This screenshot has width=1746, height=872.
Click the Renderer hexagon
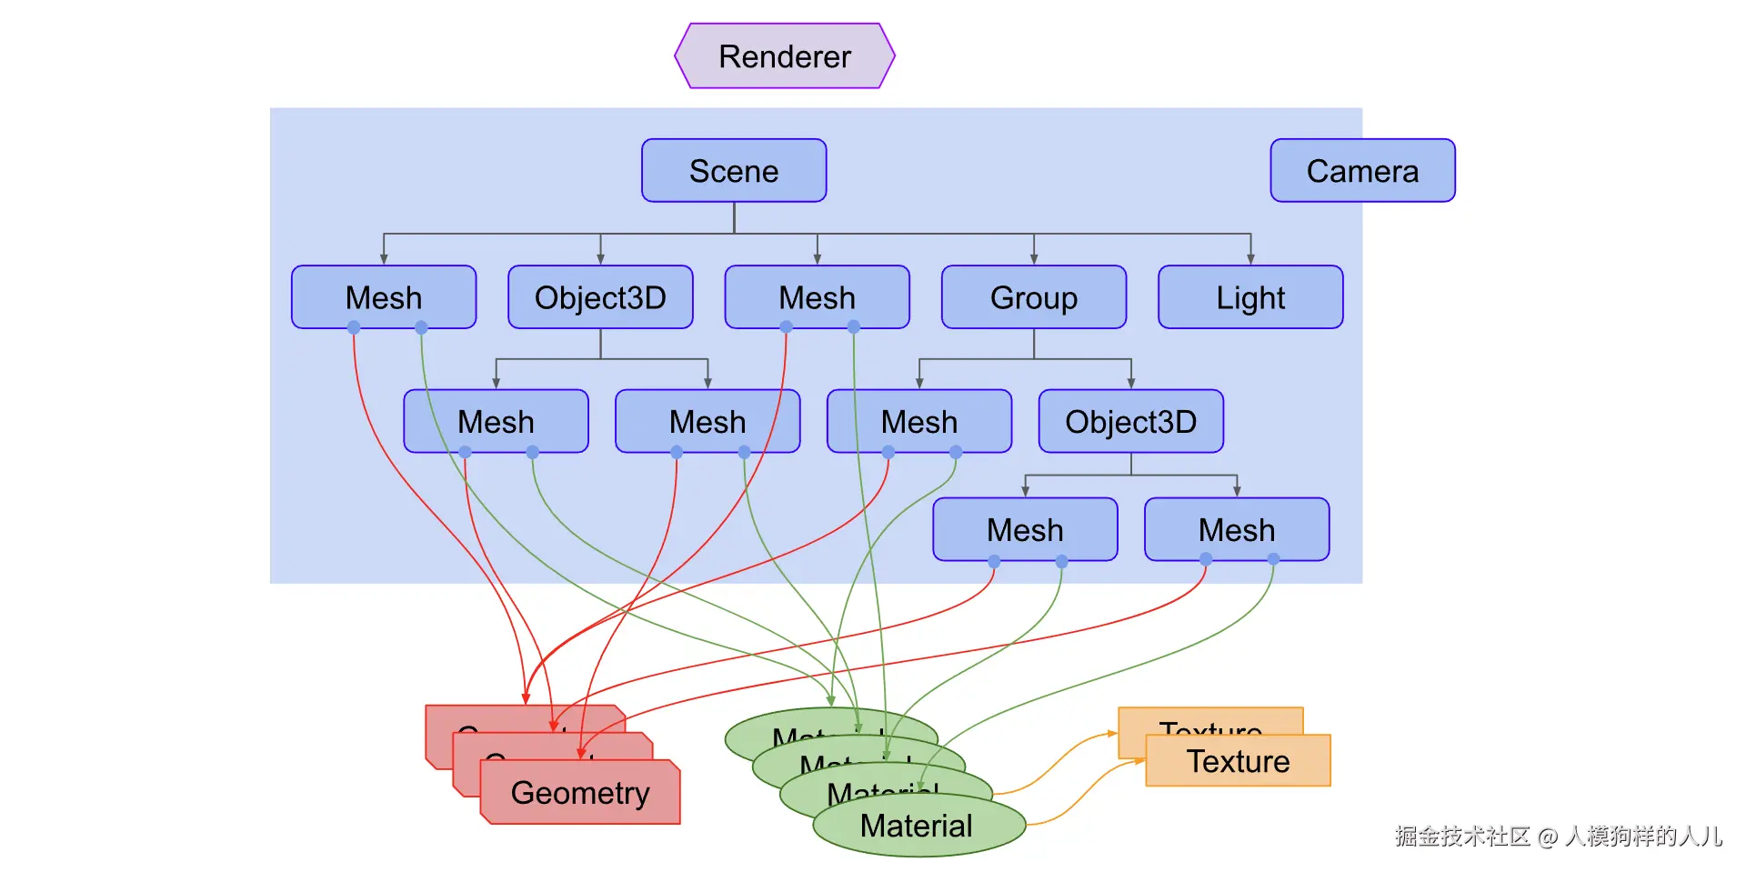pos(784,56)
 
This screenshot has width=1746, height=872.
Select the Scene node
pos(734,171)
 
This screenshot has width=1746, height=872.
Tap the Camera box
pos(1362,171)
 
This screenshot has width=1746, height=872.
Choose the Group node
pos(1033,297)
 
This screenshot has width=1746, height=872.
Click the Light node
pos(1250,297)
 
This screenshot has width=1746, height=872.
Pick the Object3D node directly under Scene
pos(600,297)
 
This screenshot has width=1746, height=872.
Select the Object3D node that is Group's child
pos(1130,422)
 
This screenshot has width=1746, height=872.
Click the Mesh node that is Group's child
pos(918,422)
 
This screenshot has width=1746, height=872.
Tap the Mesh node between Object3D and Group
pos(817,297)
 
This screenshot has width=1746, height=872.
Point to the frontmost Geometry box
pos(580,793)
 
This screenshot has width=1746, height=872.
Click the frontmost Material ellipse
pos(917,827)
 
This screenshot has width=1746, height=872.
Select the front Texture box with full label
pos(1238,761)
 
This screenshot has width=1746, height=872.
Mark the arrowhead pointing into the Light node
pos(1250,260)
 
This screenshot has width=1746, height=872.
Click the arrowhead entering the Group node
pos(1034,260)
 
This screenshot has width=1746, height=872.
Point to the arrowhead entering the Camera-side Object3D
pos(1131,385)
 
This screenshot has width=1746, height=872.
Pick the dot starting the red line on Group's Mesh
pos(888,452)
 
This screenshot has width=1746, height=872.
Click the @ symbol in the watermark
pos(1548,837)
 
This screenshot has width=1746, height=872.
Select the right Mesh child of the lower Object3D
pos(1237,530)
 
